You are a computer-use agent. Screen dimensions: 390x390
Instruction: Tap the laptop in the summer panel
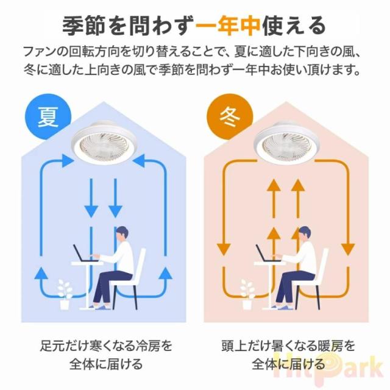click(81, 253)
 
